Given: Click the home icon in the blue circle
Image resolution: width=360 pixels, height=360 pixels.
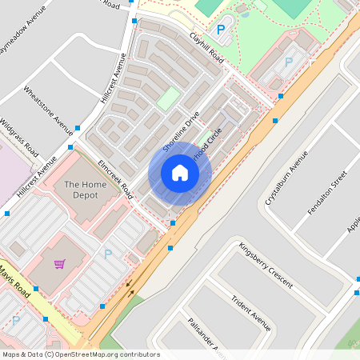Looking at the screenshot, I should click(x=179, y=173).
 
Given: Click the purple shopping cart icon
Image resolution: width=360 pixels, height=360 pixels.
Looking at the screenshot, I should click(x=59, y=264).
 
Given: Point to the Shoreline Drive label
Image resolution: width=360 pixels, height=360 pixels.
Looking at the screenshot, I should click(x=181, y=131).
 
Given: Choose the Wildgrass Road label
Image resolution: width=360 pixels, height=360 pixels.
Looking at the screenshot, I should click(x=19, y=138).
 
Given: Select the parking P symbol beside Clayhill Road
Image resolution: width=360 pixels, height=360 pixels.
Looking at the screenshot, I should click(x=221, y=30).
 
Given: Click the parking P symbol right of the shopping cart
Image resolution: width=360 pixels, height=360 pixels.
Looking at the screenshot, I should click(x=107, y=254).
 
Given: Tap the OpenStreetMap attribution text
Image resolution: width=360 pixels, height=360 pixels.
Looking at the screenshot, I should click(x=81, y=354).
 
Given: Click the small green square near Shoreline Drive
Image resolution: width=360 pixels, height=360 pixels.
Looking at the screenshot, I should click(x=168, y=99).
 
